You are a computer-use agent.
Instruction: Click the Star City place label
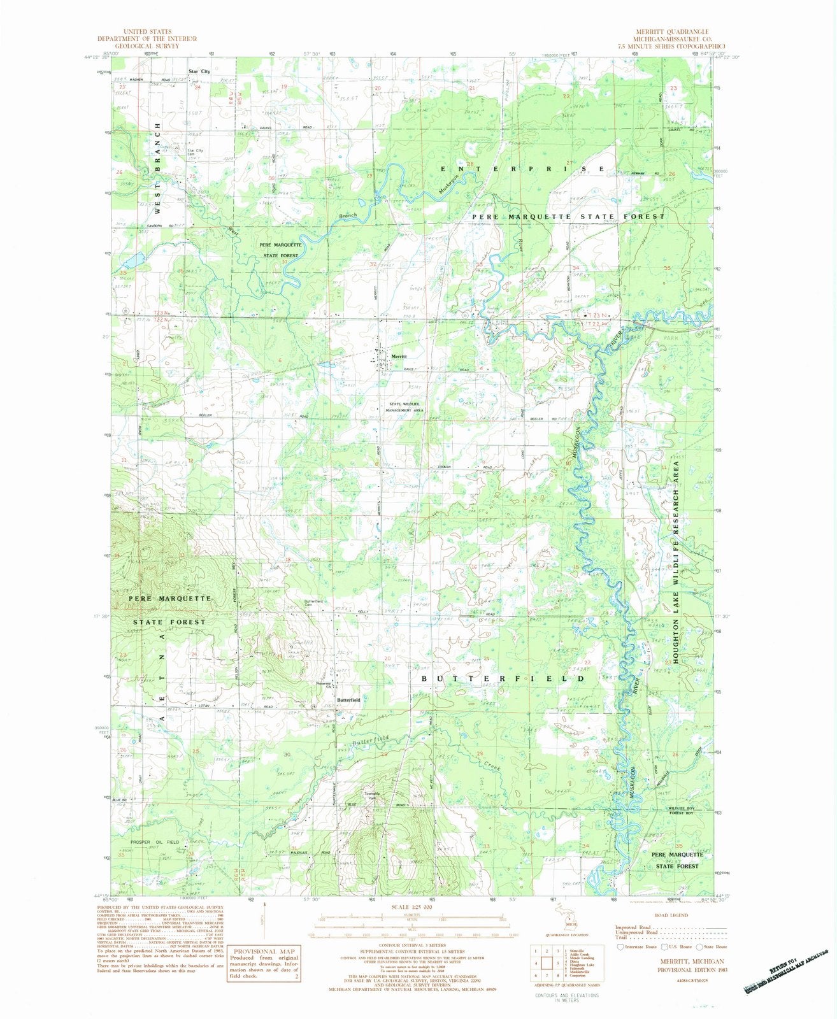coord(198,71)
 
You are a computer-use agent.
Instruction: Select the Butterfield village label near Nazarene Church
coord(348,699)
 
